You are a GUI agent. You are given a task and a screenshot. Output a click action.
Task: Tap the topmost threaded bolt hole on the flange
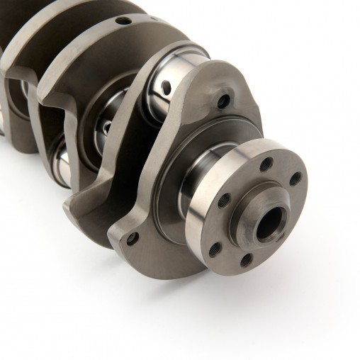tap(266, 164)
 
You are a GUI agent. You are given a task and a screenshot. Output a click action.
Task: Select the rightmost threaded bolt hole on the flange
tap(295, 179)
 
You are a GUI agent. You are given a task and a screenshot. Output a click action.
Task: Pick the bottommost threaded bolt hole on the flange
tap(247, 259)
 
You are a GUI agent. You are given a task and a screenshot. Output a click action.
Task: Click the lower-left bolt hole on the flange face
tap(215, 247)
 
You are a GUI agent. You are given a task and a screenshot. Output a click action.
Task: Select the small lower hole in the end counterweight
tap(132, 238)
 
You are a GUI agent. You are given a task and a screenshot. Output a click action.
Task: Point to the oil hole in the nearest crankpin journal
tap(166, 87)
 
